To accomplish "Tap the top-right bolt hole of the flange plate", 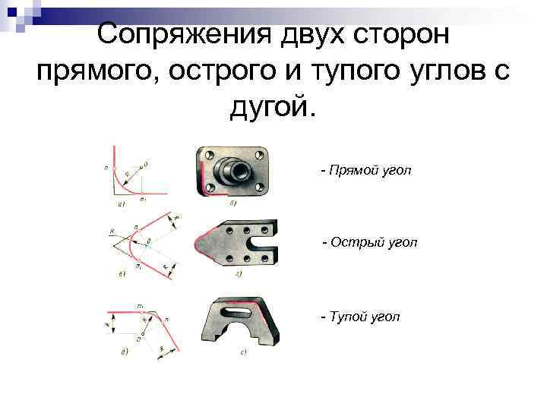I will click(261, 155).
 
